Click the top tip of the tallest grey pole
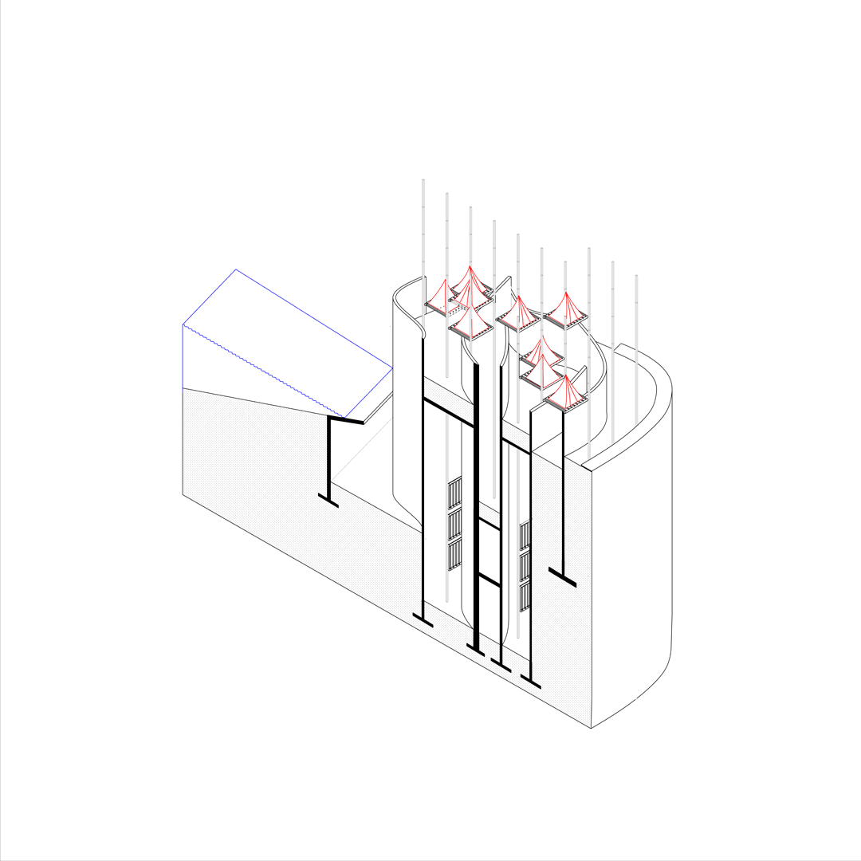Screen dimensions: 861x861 pos(423,180)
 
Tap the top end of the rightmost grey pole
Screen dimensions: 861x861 pos(636,276)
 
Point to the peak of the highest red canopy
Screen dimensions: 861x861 pos(470,267)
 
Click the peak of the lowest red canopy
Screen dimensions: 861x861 pos(566,377)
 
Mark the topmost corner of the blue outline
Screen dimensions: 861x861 pos(236,269)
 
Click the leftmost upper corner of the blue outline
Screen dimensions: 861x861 pos(183,324)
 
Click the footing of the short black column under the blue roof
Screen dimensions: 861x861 pos(328,500)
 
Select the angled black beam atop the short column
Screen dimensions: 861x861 pos(346,419)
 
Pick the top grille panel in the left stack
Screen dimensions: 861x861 pos(454,493)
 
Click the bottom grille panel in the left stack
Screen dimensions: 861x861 pos(454,556)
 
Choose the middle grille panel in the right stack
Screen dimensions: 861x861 pos(525,565)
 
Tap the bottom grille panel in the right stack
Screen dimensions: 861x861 pos(525,596)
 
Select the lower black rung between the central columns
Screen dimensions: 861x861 pos(489,580)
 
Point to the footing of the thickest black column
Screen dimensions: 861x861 pos(476,651)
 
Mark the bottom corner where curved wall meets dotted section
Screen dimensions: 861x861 pos(591,728)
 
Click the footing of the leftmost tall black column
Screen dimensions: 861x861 pos(423,620)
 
